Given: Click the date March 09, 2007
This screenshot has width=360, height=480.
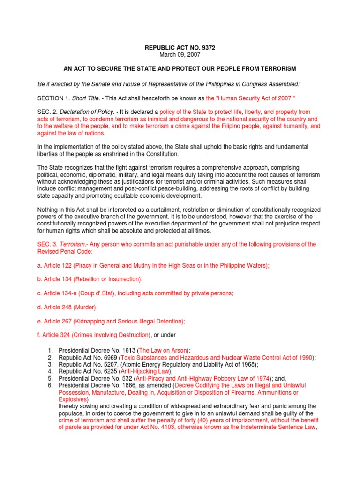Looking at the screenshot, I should [x=180, y=55].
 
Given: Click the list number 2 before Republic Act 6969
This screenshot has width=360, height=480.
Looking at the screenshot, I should [x=50, y=358].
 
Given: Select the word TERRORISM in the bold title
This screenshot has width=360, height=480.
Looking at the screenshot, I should [x=277, y=69].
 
